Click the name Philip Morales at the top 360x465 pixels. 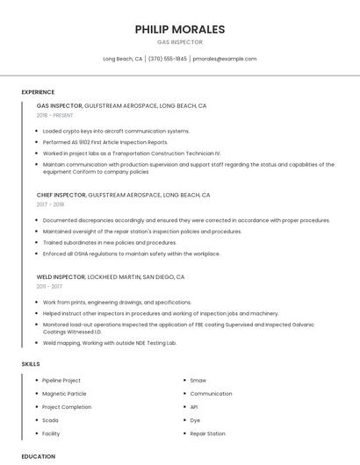point(179,29)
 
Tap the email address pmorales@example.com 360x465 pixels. point(225,59)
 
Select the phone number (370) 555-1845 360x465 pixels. point(168,59)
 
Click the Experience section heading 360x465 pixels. point(38,92)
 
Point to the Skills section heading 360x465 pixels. point(31,363)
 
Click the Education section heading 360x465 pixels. point(38,456)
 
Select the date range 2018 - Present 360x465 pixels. point(55,115)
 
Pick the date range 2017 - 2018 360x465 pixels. point(50,204)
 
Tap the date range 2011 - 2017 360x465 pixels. point(49,286)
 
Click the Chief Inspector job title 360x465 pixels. point(61,195)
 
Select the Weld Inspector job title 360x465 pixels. point(61,276)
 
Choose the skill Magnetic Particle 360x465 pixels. point(65,394)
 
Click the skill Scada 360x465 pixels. point(50,420)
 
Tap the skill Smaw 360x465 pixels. point(198,381)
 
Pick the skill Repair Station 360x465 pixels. point(208,433)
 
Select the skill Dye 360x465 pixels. point(195,420)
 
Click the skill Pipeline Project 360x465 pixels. point(61,381)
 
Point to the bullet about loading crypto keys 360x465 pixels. point(116,131)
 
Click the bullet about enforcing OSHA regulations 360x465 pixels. point(132,254)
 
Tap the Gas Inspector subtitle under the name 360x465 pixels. point(179,42)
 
